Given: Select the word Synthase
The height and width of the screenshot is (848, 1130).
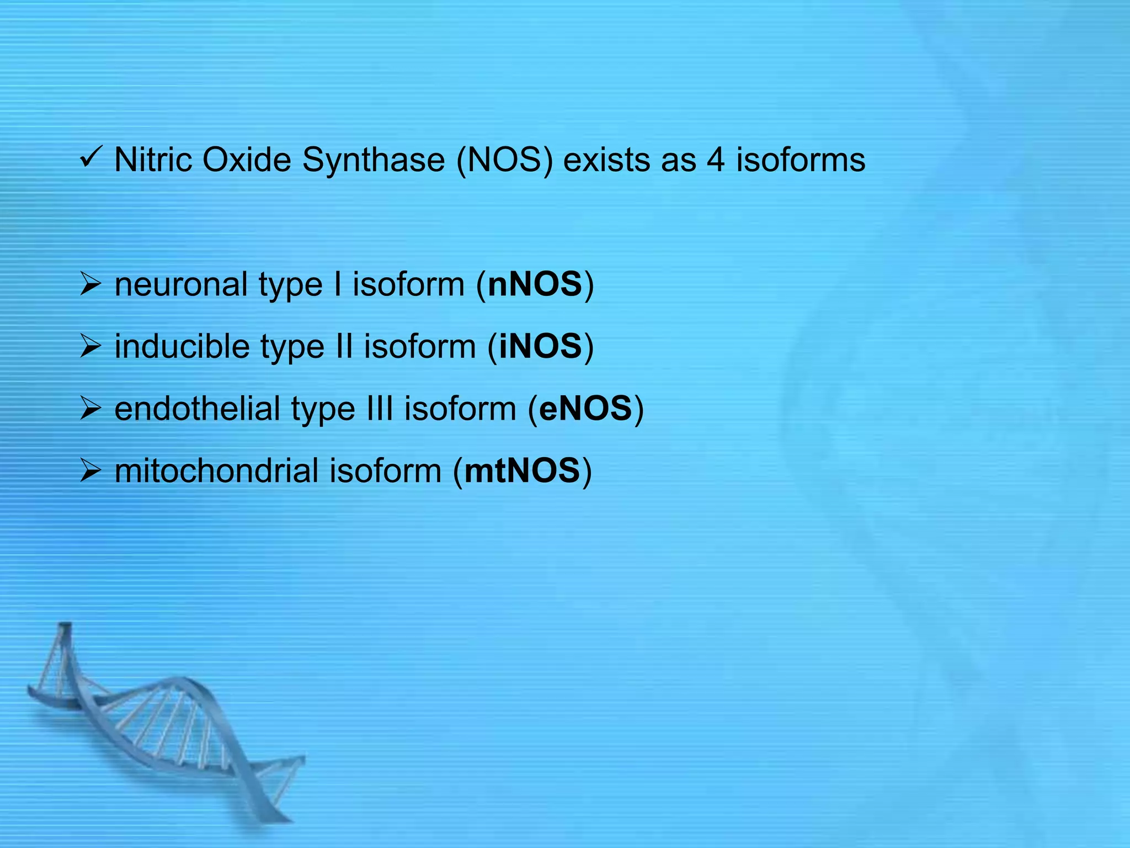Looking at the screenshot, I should point(373,161).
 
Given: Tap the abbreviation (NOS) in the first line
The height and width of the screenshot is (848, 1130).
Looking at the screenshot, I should point(504,161).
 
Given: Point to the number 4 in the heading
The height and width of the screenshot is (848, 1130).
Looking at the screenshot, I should point(715,160).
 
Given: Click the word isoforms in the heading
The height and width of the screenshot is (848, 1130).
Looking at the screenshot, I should point(801,160).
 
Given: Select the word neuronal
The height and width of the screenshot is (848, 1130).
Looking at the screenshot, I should point(181,285).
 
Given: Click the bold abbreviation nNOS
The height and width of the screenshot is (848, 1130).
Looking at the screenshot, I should point(535,285).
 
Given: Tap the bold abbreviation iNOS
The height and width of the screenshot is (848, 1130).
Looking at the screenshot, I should point(540,347).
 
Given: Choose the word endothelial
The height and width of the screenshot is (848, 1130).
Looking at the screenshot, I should point(197,409).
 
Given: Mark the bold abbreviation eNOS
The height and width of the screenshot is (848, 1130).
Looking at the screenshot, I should point(585,409).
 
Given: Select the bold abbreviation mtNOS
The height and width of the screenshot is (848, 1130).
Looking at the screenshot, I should point(522,471).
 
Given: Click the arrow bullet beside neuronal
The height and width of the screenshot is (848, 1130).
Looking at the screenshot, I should point(90,285).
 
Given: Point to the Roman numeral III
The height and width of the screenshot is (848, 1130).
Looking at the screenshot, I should point(379,409).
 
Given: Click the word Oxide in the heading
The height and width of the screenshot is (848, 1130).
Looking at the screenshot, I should point(247,160).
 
